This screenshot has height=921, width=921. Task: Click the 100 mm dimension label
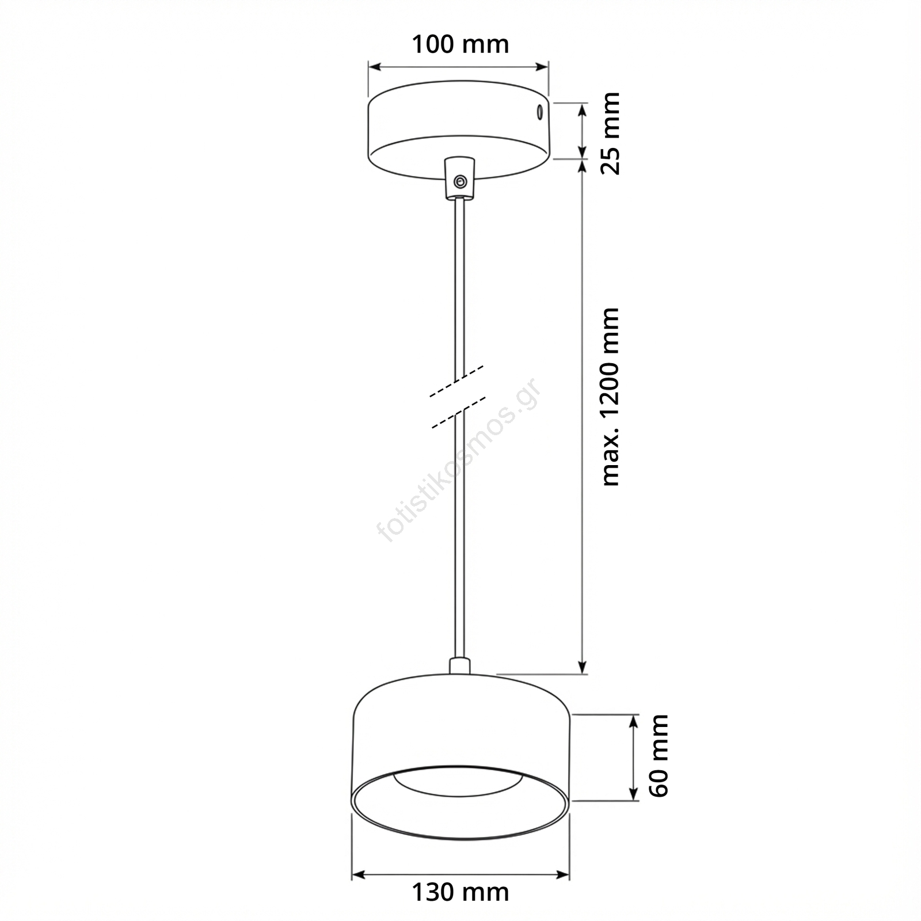click(x=460, y=44)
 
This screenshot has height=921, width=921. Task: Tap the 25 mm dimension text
click(x=610, y=133)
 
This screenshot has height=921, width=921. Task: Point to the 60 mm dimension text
click(x=659, y=756)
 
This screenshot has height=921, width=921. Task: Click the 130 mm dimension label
click(x=460, y=892)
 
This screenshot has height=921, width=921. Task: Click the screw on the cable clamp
click(x=459, y=182)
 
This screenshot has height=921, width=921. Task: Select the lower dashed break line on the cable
click(x=459, y=412)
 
